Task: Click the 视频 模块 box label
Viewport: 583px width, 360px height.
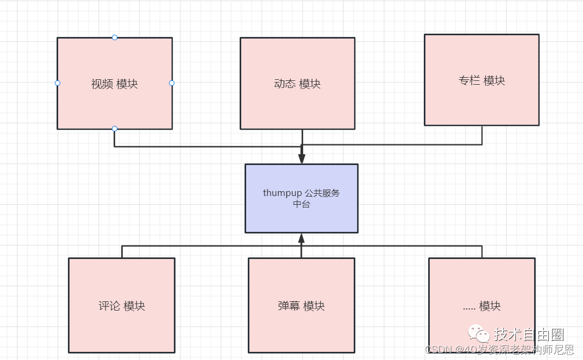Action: tap(114, 84)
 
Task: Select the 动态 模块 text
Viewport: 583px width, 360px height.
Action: tap(297, 84)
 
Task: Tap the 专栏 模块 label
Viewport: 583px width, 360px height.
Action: tap(481, 81)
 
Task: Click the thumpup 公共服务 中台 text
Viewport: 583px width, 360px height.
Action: tap(301, 198)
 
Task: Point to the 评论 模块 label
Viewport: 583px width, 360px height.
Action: tap(122, 306)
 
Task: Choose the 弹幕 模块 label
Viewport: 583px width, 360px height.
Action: tap(301, 306)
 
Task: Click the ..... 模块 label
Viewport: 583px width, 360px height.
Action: tap(481, 306)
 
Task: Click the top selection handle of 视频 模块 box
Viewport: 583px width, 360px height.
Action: tap(114, 37)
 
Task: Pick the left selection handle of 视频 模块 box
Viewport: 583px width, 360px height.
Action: tap(58, 83)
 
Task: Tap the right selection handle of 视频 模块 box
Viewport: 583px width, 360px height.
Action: tap(172, 83)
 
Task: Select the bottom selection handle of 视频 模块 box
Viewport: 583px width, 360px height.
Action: tap(114, 129)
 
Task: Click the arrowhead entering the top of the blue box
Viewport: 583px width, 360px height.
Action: tap(302, 159)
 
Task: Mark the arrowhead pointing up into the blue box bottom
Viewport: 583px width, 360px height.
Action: tap(302, 238)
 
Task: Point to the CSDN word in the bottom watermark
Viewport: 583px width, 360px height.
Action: tap(439, 349)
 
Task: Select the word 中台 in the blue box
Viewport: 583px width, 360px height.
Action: tap(301, 204)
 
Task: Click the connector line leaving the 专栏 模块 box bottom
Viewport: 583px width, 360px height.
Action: tap(482, 135)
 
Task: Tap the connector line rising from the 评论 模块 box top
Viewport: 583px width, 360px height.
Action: tap(122, 251)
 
